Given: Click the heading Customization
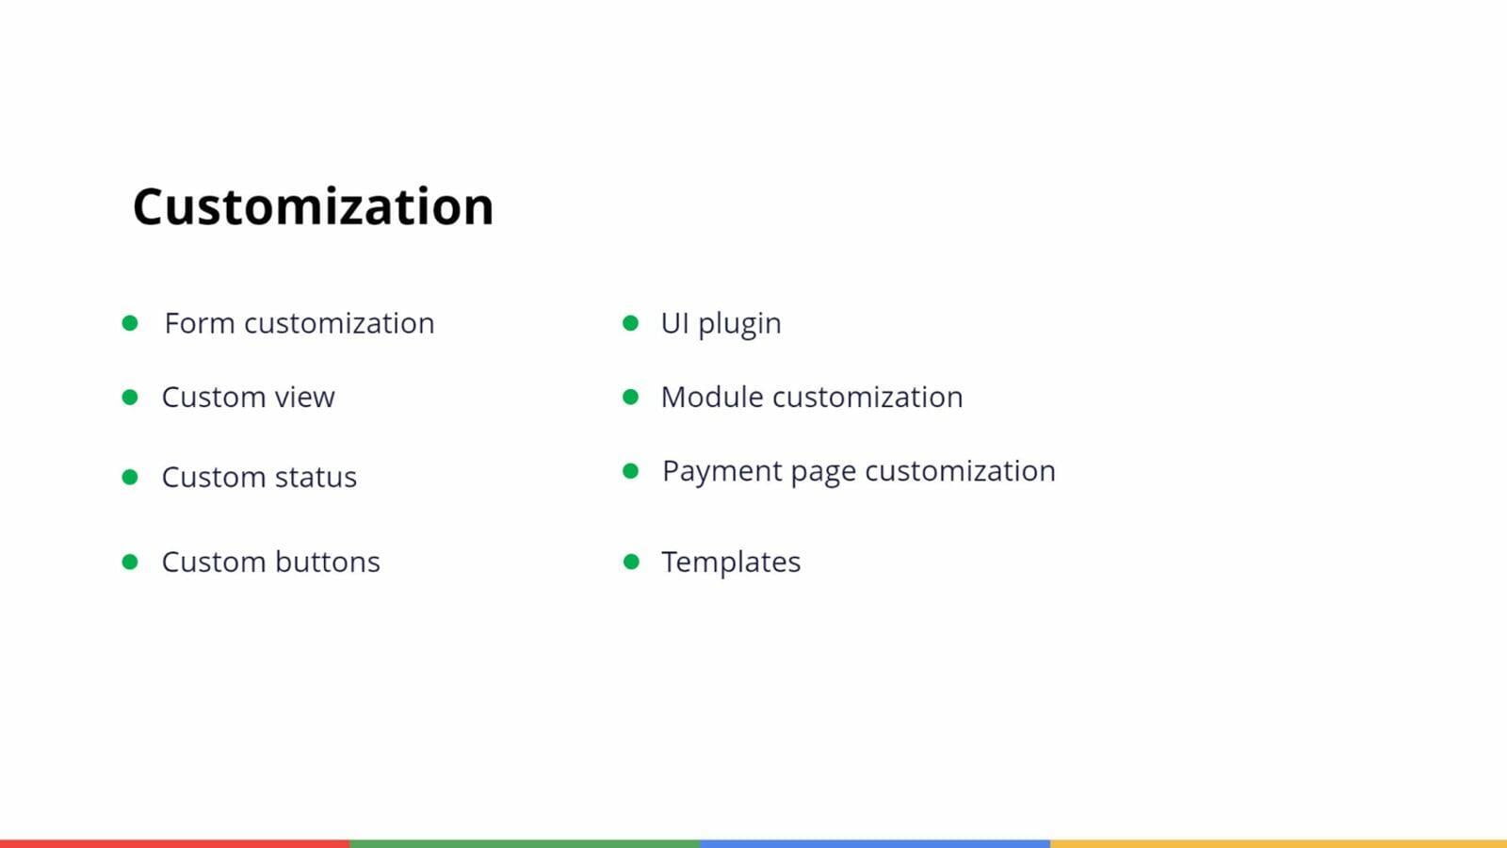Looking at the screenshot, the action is (314, 206).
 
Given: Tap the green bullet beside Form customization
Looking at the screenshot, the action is (130, 323).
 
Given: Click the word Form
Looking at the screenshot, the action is (200, 323).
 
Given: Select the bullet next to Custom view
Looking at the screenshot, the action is (130, 397).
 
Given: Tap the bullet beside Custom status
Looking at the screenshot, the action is (130, 477).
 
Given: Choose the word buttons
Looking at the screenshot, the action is (328, 562).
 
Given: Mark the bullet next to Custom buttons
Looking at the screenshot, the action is (130, 562).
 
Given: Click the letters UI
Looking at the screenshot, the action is (674, 323).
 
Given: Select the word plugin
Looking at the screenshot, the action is (739, 325).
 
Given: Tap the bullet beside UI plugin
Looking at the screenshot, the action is (630, 323).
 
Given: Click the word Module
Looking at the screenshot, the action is (712, 397).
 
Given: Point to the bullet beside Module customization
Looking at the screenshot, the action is (630, 397).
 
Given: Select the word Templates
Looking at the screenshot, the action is (731, 563).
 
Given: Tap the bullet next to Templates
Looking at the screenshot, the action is (631, 562).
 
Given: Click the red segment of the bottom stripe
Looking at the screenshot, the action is (175, 844).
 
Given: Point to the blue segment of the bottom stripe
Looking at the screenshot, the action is (875, 844).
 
